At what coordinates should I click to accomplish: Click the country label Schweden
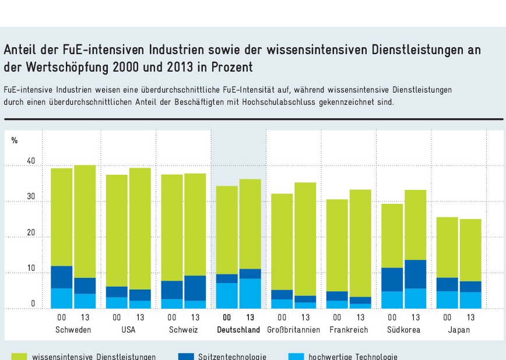(73, 330)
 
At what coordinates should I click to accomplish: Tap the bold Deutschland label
(238, 330)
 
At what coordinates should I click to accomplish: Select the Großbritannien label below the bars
(294, 330)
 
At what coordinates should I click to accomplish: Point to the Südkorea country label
(403, 330)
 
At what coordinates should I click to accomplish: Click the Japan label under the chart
(459, 330)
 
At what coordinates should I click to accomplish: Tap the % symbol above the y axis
(15, 140)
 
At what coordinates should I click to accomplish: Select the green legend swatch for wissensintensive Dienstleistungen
(19, 356)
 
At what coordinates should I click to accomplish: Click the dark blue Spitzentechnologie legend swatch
(186, 356)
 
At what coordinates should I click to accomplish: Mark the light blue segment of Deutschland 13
(250, 293)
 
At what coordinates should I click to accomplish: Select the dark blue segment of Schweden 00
(61, 277)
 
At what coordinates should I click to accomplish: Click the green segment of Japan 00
(447, 247)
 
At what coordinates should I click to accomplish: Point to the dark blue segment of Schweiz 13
(195, 288)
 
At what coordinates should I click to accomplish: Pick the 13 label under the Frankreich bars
(361, 317)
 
